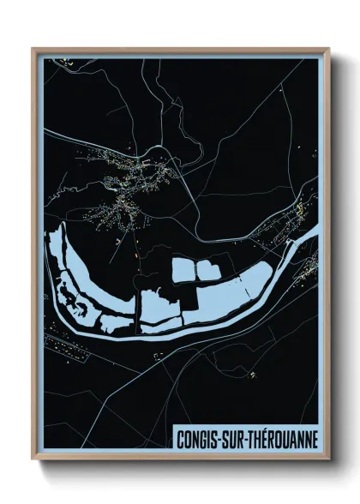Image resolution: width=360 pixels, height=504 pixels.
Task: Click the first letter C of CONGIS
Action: click(x=179, y=438)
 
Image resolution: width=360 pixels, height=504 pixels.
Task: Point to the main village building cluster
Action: click(x=129, y=184)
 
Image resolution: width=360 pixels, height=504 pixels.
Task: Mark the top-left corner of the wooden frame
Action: click(x=33, y=49)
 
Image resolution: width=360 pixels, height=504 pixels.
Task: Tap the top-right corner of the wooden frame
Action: click(x=328, y=49)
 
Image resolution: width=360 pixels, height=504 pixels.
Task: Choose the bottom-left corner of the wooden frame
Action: click(x=33, y=459)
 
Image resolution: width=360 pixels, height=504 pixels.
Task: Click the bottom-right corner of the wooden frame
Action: click(x=328, y=459)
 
